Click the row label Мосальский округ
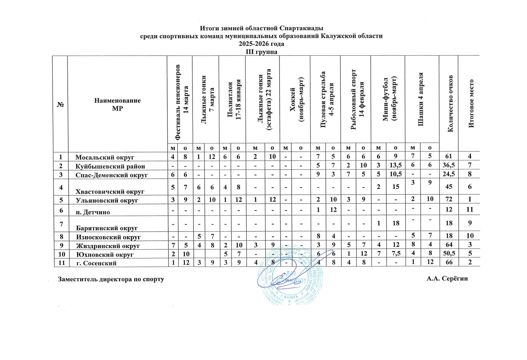(105, 158)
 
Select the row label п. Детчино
(93, 212)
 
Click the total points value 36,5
(449, 166)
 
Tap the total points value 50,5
(449, 254)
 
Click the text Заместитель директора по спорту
(111, 279)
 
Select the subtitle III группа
(261, 52)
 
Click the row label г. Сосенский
(96, 263)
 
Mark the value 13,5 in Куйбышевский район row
(396, 166)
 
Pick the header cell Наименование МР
(117, 104)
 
